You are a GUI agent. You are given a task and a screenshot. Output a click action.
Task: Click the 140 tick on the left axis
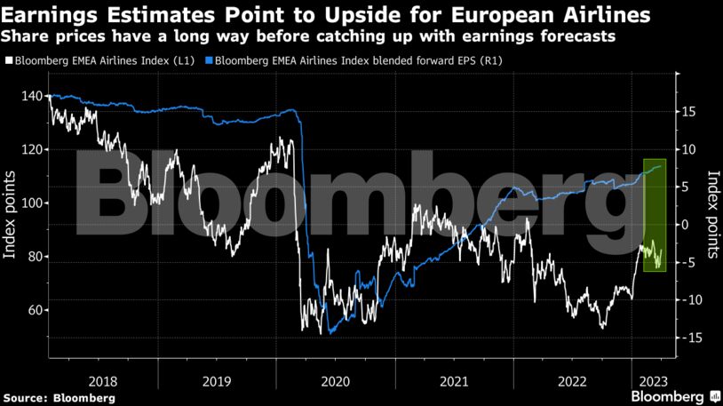tap(31, 96)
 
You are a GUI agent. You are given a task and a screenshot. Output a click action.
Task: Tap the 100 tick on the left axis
tap(31, 203)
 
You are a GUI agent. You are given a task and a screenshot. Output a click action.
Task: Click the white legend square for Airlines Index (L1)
tap(8, 61)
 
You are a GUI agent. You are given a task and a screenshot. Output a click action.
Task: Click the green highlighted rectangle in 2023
tap(655, 214)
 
